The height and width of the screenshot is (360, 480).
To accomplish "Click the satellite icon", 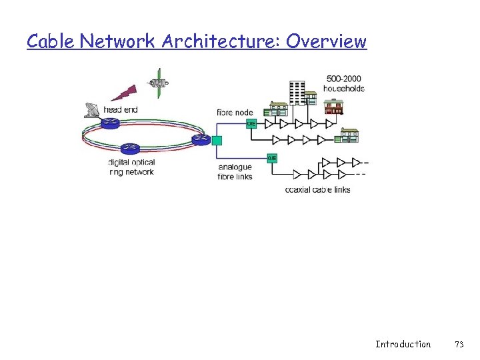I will pyautogui.click(x=159, y=84).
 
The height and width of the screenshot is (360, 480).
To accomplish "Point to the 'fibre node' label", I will pyautogui.click(x=235, y=112).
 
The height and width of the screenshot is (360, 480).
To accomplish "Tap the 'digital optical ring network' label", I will pyautogui.click(x=131, y=167).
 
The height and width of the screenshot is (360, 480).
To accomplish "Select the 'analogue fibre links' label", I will pyautogui.click(x=235, y=171).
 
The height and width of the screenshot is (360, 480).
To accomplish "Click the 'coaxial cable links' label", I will pyautogui.click(x=317, y=189).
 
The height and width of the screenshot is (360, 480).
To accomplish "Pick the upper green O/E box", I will pyautogui.click(x=251, y=123).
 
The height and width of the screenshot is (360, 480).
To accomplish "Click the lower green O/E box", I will pyautogui.click(x=272, y=158).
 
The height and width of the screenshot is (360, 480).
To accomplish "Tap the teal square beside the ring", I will pyautogui.click(x=216, y=140).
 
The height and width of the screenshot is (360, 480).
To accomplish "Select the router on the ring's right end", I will pyautogui.click(x=200, y=139).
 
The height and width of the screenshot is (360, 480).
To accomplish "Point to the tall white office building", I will pyautogui.click(x=297, y=93).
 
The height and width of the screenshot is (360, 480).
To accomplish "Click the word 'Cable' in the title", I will pyautogui.click(x=51, y=41).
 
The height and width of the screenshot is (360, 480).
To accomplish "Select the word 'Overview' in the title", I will pyautogui.click(x=326, y=41).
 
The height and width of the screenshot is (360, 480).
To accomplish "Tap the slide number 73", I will pyautogui.click(x=459, y=344).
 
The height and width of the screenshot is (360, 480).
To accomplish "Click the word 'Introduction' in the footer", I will pyautogui.click(x=403, y=344).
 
